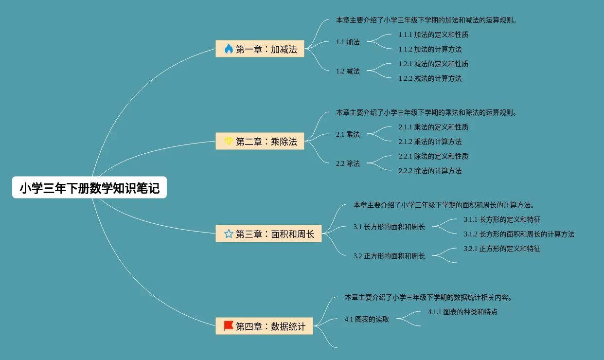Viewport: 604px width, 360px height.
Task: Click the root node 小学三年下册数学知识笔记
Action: coord(89,188)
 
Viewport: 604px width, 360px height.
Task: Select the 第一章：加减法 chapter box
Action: coord(260,49)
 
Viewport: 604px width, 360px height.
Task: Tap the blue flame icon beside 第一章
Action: coord(229,49)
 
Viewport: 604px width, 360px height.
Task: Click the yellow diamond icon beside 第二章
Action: coord(229,141)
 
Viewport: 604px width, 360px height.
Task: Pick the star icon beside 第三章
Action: coord(229,234)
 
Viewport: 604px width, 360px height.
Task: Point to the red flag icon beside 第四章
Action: coord(229,326)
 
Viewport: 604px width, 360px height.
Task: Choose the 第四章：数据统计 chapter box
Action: coord(264,326)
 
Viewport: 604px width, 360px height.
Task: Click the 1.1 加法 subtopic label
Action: coord(348,42)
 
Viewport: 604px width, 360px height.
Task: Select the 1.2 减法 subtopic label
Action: coord(348,71)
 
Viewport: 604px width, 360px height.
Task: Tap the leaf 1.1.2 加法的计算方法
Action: coord(430,49)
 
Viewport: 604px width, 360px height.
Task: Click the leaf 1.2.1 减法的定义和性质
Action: coord(433,64)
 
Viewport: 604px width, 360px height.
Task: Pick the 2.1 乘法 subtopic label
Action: coord(348,134)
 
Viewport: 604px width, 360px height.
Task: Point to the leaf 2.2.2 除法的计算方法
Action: coord(430,171)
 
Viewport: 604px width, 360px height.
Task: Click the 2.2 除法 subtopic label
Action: coord(348,163)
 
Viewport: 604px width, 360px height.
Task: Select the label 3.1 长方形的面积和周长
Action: coord(389,227)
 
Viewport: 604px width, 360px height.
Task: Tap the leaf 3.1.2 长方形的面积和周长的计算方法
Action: coord(519,234)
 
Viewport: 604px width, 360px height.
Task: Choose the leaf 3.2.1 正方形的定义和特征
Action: coord(502,249)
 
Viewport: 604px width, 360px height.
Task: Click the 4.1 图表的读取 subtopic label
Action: coord(367,319)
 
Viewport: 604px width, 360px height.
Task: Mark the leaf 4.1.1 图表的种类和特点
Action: coord(462,312)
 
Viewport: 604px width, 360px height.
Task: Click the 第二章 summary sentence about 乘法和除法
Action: coord(426,112)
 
